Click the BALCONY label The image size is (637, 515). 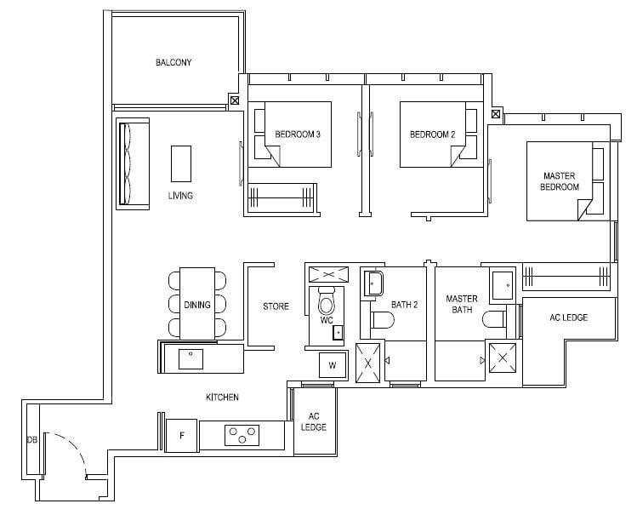click(x=173, y=63)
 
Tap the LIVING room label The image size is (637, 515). click(x=180, y=196)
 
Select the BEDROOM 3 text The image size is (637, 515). click(x=298, y=134)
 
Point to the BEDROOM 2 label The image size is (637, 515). click(x=433, y=134)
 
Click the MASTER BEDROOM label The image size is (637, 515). click(x=560, y=181)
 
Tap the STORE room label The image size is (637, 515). click(x=276, y=306)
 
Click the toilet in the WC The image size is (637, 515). click(x=326, y=301)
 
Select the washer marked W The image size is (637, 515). click(x=333, y=365)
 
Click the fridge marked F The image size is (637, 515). click(x=182, y=435)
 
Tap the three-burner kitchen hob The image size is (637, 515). click(x=242, y=435)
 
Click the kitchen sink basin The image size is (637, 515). click(x=191, y=358)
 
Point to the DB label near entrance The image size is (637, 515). click(x=32, y=440)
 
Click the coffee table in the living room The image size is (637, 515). click(x=181, y=163)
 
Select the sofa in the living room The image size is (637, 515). click(x=133, y=163)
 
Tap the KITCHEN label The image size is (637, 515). click(x=222, y=398)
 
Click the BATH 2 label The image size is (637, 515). click(x=404, y=305)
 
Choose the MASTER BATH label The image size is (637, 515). click(x=462, y=304)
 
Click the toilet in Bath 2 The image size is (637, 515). click(x=382, y=320)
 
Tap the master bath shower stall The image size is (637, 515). click(x=503, y=358)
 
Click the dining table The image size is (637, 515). click(x=197, y=304)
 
